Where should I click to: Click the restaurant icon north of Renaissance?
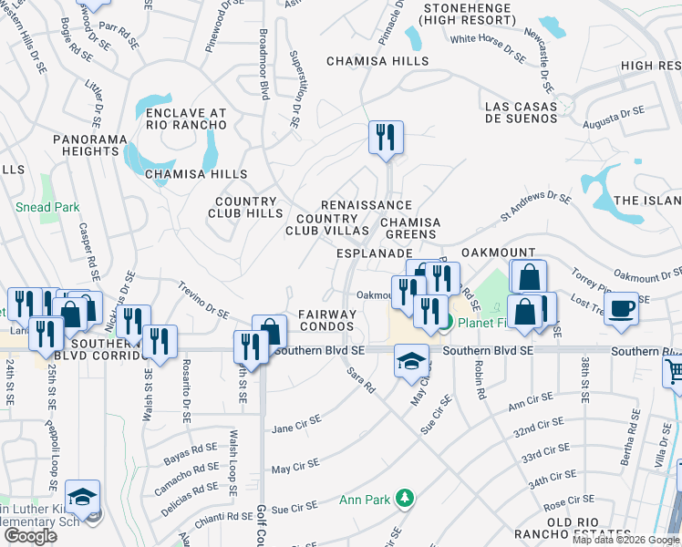(x=386, y=138)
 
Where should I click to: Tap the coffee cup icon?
(x=621, y=307)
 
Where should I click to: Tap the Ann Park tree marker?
(x=408, y=498)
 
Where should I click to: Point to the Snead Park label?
(x=47, y=207)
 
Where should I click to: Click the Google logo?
(x=30, y=536)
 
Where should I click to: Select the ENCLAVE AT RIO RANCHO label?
(x=186, y=119)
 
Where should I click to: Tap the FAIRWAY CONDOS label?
(x=326, y=320)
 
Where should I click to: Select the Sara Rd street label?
(x=362, y=380)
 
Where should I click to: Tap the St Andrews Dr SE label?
(x=535, y=207)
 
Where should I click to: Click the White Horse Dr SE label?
(x=488, y=47)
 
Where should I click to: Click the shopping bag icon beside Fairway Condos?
(x=269, y=332)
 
